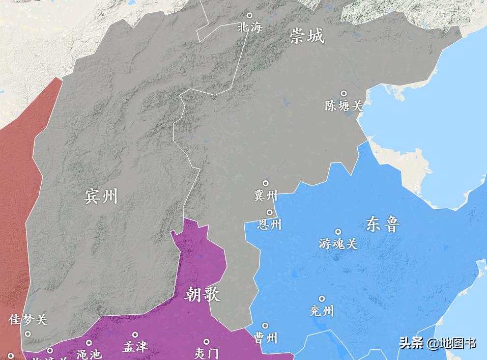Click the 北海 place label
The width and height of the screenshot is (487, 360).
[x=249, y=27]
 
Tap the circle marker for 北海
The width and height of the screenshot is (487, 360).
[x=249, y=16]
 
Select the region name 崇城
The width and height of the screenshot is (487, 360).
[x=307, y=36]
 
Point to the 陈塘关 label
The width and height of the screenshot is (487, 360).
[x=344, y=105]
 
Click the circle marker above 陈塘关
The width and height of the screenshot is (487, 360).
[x=343, y=94]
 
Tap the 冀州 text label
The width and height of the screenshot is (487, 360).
[x=266, y=195]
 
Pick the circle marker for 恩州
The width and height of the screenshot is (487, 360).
[x=269, y=212]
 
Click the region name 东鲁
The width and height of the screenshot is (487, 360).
[x=382, y=224]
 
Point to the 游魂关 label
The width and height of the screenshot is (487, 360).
[x=338, y=244]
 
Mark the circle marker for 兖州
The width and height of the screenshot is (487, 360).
[x=322, y=299]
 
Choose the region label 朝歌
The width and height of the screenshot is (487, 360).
[x=203, y=294]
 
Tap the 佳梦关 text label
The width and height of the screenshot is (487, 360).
[x=28, y=320]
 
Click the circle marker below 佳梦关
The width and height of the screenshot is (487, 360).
[x=28, y=334]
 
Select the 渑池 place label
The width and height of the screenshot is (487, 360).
[x=89, y=354]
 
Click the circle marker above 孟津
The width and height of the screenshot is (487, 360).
[x=135, y=335]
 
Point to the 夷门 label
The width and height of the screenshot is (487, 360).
[x=207, y=353]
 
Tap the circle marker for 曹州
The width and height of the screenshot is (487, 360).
[x=265, y=325]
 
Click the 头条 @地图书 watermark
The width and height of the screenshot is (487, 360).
[x=438, y=343]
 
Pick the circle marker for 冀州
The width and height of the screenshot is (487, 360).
[x=266, y=183]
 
